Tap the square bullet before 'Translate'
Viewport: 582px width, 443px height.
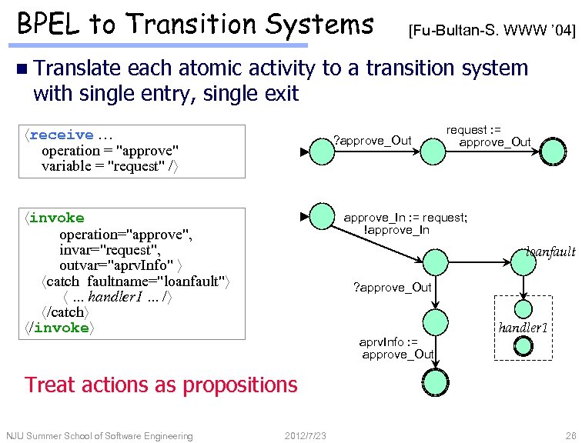click(x=20, y=70)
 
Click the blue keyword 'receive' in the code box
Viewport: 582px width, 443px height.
click(x=61, y=135)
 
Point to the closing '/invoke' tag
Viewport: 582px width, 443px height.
click(x=59, y=328)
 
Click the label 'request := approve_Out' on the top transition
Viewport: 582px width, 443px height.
click(x=489, y=136)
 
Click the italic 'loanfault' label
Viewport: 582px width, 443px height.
click(x=550, y=251)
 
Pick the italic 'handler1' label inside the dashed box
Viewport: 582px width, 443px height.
click(x=523, y=328)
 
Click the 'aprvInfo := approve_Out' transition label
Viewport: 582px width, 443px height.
click(x=397, y=348)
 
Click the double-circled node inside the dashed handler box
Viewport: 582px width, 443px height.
click(x=523, y=347)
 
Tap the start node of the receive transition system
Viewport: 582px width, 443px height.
click(x=322, y=152)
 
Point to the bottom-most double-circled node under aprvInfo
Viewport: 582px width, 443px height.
click(x=434, y=380)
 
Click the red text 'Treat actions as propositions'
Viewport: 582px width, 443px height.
click(x=161, y=384)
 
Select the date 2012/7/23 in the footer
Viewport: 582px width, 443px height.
click(x=305, y=436)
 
